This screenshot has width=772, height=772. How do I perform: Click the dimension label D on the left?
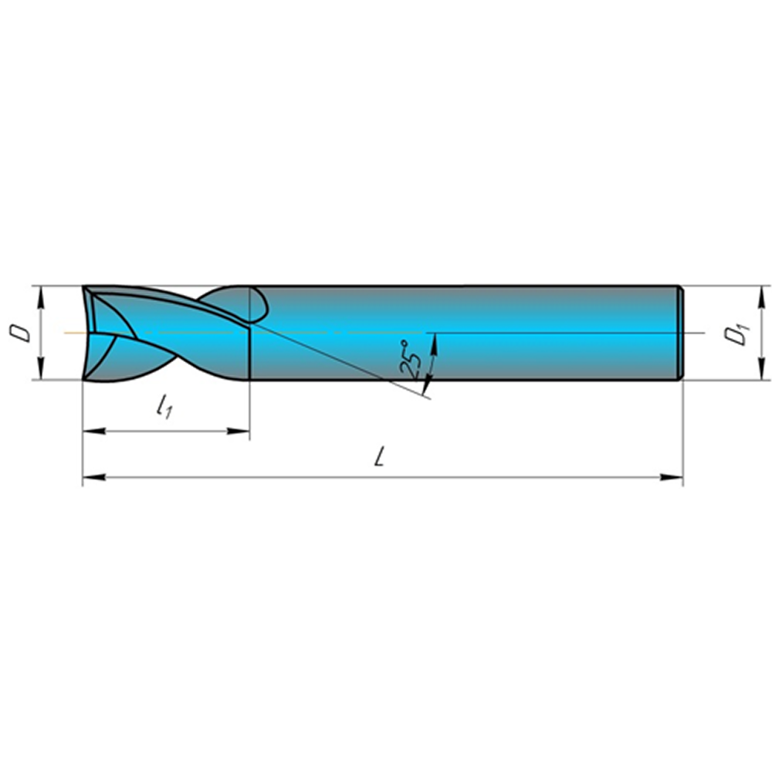[20, 333]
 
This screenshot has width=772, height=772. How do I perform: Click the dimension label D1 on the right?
[736, 334]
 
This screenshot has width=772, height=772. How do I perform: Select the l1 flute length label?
[164, 406]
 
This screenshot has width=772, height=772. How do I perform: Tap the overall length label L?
[378, 456]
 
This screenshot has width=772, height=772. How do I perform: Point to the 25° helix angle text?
[411, 358]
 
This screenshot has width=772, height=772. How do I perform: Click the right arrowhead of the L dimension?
[672, 477]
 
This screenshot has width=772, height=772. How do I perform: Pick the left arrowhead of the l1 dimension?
[94, 432]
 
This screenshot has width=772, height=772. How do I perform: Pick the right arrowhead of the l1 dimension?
[239, 432]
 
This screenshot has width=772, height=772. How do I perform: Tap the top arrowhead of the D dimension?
[42, 297]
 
